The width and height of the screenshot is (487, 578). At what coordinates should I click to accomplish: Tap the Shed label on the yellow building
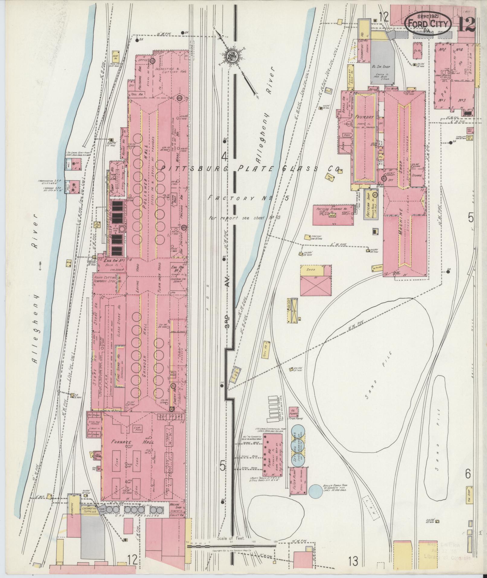coord(311,270)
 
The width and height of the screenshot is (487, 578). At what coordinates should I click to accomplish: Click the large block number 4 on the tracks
coord(224,156)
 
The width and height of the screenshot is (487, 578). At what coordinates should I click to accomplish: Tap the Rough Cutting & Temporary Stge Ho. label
coord(107,279)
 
